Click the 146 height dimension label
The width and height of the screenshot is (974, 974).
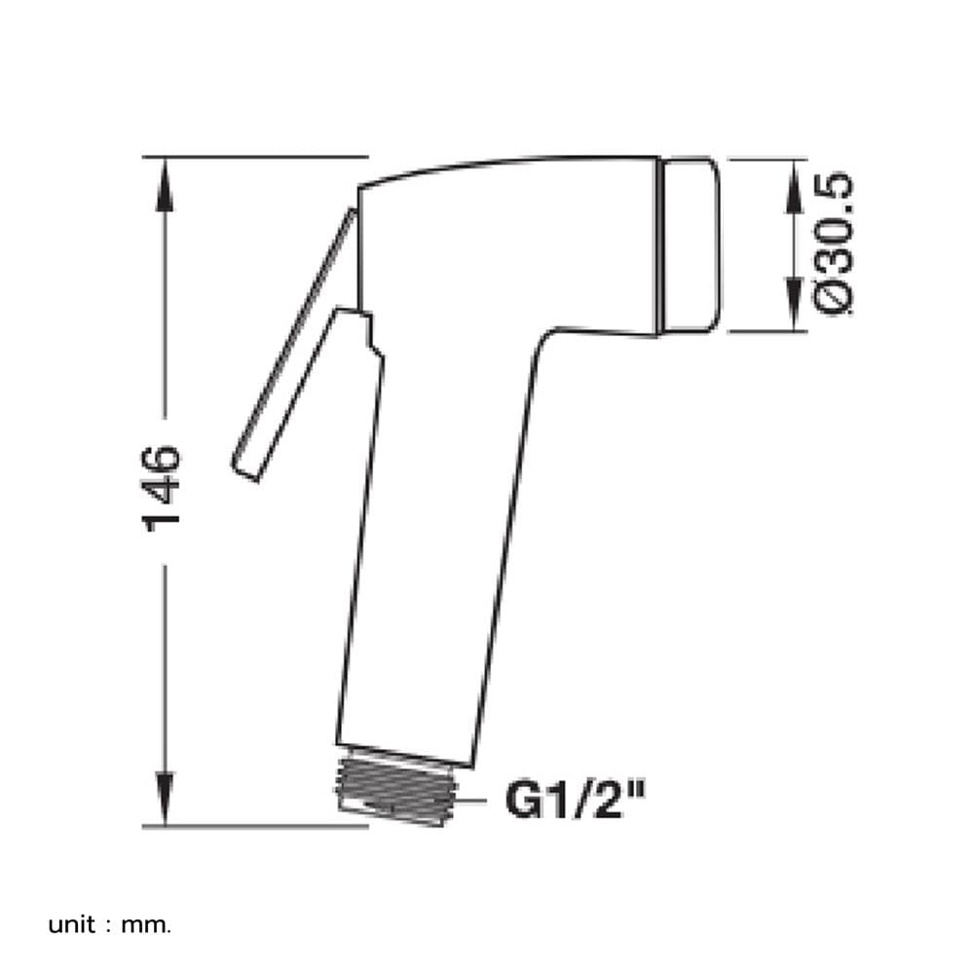[162, 489]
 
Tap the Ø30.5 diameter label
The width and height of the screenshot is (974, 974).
[835, 243]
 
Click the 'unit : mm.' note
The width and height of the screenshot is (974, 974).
[109, 924]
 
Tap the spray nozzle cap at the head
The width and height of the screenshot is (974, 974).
[690, 245]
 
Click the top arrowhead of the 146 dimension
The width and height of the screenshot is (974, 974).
[165, 184]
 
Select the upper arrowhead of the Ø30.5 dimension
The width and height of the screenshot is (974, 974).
[793, 186]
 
